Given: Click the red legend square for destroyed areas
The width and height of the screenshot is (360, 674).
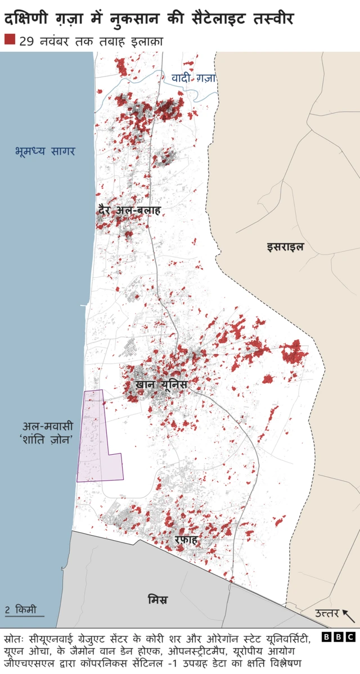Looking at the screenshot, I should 10,39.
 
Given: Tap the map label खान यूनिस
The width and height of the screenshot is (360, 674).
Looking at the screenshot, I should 161,385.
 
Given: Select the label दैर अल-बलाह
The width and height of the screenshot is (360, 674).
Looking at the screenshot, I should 129,211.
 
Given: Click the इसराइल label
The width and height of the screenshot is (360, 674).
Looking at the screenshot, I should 285,246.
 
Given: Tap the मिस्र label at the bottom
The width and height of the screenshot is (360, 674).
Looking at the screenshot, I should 157,599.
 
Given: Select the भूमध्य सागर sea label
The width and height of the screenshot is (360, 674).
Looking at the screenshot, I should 45,151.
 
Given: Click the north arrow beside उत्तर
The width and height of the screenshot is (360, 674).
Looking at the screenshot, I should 349,616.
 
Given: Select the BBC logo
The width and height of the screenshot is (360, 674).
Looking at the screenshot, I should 339,637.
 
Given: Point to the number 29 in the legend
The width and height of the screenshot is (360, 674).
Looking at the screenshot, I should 26,40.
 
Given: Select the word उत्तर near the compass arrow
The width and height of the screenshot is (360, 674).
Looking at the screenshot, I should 326,613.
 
